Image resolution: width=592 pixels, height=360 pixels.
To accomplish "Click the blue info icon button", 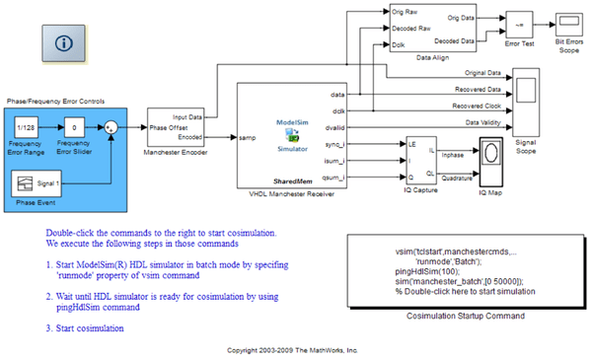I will tap(64, 43).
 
